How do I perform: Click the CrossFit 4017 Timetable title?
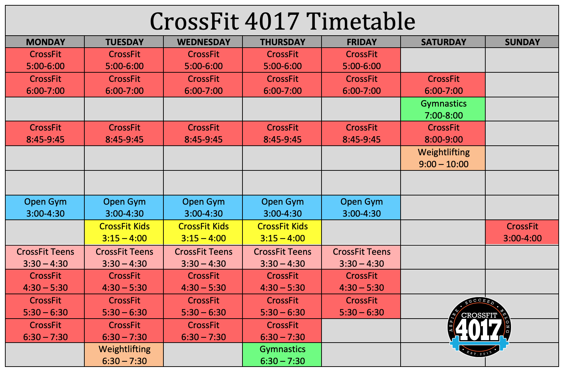[282, 22]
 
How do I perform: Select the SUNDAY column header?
[522, 42]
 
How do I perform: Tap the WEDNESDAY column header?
[203, 42]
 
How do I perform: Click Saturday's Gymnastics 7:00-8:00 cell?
[443, 109]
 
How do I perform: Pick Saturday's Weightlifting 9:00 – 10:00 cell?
[443, 158]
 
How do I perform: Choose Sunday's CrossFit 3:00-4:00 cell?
[522, 232]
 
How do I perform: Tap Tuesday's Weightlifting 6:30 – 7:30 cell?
[124, 355]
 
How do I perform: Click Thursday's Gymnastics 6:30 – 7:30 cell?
[282, 355]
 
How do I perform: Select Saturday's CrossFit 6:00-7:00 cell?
[443, 85]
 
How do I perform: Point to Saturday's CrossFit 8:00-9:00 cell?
[443, 133]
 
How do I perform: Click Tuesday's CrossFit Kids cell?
[124, 232]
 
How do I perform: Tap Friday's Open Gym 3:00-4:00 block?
[361, 207]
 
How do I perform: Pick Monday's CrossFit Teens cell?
[45, 257]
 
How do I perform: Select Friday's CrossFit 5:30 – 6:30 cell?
[361, 306]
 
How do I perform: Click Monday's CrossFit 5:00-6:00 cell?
[45, 60]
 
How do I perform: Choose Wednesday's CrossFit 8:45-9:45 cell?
[203, 133]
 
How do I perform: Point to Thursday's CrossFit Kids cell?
[282, 232]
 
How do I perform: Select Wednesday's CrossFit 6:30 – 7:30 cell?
[203, 331]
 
